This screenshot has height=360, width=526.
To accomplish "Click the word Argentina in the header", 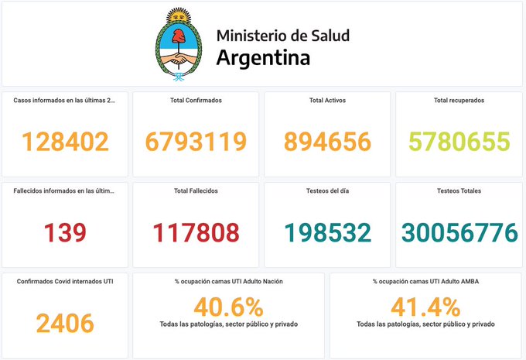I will pos(263,57).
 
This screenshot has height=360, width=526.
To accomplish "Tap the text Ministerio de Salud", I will pos(282,35).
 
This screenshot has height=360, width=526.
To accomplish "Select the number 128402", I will pos(65,142).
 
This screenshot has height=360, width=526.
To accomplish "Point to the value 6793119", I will pos(196,142).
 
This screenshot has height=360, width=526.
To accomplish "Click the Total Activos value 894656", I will pos(327,142).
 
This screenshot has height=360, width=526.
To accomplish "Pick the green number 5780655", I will pos(459,142).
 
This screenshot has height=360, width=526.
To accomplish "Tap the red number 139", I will pos(65,232).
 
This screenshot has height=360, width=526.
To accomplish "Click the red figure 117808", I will pos(196,232).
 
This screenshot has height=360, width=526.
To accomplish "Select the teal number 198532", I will pos(327,232).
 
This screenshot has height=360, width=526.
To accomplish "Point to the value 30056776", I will pos(459,232).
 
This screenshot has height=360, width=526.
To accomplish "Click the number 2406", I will pos(65,323).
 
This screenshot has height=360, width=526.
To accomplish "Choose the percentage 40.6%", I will pos(228,307).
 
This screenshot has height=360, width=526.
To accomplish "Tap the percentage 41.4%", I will pos(425,307).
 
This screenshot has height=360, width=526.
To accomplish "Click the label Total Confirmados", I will pos(196,101).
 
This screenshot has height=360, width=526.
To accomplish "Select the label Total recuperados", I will pos(459,101).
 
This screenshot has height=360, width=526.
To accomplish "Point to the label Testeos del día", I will pos(327,190).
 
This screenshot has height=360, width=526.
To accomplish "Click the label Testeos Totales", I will pos(459,190).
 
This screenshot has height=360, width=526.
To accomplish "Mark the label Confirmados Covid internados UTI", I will pos(65,281).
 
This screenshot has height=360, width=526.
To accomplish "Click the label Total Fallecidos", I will pos(196,190).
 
